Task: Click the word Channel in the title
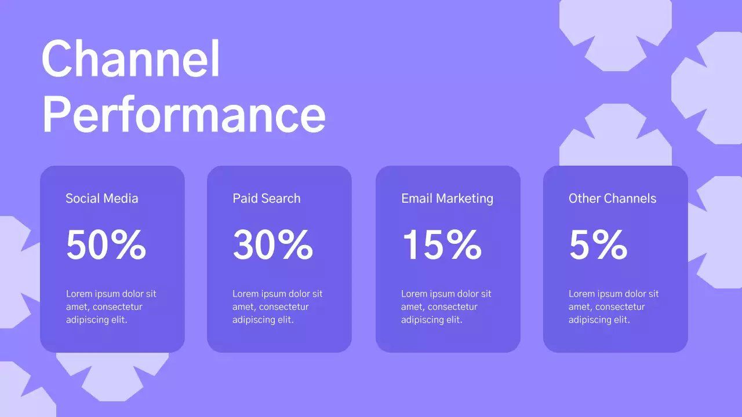coord(131,59)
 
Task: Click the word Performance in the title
coord(184,115)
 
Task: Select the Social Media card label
coord(102,199)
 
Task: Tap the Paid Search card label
coord(267,199)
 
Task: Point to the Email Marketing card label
coord(447,199)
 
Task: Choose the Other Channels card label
coord(612,199)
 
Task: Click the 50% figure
coord(106,245)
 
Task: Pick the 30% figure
coord(273,245)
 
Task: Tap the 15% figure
coord(441,245)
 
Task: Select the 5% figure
coord(598,245)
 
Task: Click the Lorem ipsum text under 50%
coord(111,307)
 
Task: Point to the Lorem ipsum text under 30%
coord(278,307)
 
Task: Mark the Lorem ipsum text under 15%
coord(446,307)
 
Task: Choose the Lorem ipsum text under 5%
coord(613,307)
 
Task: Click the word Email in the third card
coord(416,199)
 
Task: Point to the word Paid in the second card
coord(245,199)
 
